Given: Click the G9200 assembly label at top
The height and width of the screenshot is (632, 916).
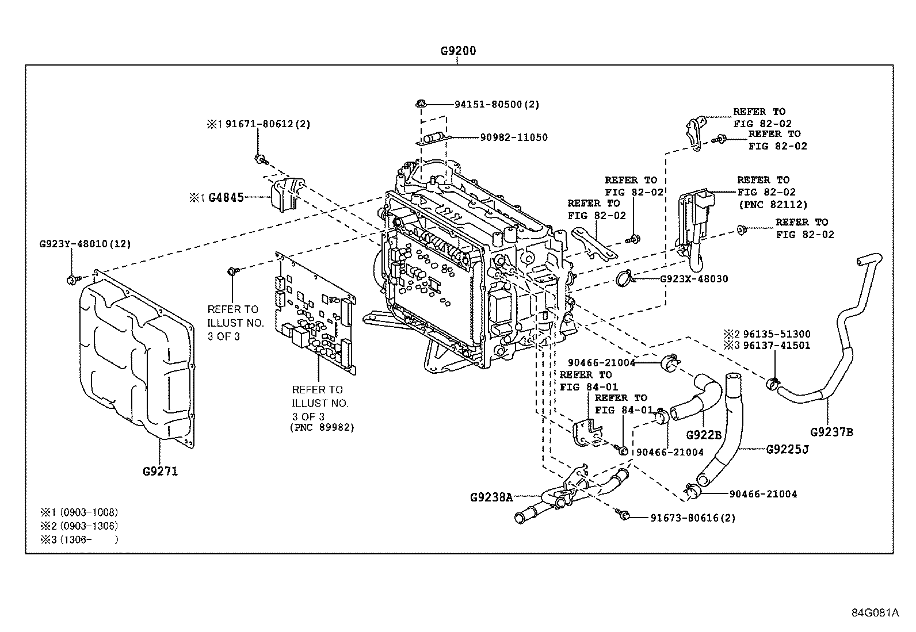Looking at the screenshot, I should point(458,51).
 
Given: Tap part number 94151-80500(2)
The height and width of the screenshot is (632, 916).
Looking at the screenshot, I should point(497,105).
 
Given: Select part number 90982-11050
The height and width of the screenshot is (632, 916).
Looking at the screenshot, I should point(514,137).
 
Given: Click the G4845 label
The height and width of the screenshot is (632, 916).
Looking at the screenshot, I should point(226,198).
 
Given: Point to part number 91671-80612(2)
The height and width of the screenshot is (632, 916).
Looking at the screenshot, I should point(268,124).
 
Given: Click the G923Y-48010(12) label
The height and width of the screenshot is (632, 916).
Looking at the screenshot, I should point(85,244).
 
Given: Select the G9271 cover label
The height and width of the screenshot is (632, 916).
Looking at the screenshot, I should point(160,472).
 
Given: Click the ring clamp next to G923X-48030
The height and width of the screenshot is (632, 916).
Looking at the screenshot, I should point(624,280).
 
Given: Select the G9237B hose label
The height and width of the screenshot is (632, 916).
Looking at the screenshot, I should point(831,432).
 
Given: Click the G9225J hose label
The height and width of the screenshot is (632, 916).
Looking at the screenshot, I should point(787,449).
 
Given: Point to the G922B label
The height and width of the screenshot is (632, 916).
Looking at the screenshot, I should point(703,435).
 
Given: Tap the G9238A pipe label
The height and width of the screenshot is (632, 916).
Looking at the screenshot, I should point(491,497).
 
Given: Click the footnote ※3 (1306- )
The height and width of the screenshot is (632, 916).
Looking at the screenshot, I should point(79,539).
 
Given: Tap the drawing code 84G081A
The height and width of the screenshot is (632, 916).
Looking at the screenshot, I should point(875,612).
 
